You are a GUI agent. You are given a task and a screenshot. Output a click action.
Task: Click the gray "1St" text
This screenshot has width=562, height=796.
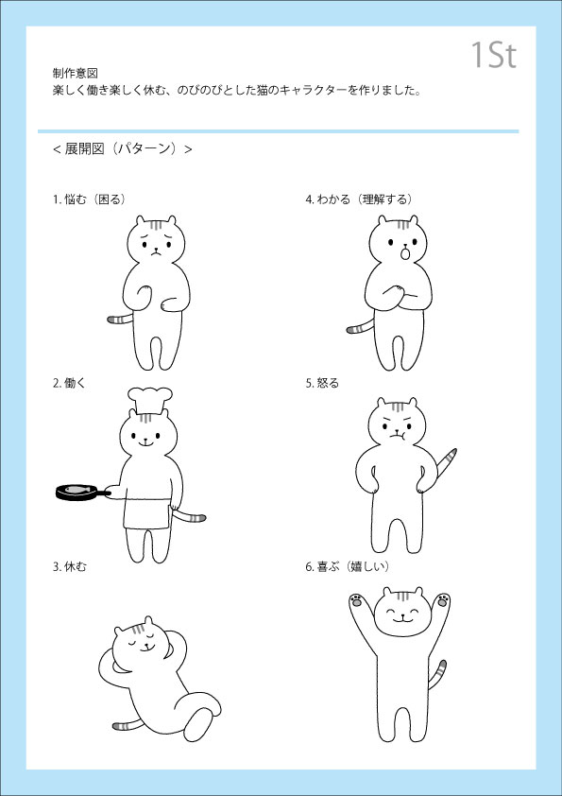pos(494,55)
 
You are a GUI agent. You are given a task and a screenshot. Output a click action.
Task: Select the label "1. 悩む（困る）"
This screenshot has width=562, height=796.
pos(90,199)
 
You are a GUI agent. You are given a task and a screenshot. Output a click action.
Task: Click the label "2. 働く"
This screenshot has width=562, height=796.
pos(70,383)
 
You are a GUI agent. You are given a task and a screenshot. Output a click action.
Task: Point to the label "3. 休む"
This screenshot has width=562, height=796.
pos(70,566)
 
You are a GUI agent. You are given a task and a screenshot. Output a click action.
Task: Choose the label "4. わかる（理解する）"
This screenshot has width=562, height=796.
pos(359,199)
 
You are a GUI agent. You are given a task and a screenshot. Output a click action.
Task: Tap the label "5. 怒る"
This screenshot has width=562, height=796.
pos(322,383)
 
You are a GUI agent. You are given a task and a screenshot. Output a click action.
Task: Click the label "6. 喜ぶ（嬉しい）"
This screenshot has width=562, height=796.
pos(348,566)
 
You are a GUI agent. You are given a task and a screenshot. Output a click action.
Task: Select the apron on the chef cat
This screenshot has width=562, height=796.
pos(147,512)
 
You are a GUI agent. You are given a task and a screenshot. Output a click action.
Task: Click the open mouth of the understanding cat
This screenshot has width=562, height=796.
pos(405,252)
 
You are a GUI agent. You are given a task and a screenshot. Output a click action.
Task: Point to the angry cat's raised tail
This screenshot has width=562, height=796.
pos(447,462)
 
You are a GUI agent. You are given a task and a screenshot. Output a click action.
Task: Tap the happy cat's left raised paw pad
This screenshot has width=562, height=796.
pos(356,601)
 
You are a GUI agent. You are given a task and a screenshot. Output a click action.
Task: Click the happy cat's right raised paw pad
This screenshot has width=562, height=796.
pos(443,600)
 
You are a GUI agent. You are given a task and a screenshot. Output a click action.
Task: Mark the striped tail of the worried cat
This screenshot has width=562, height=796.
pos(120,319)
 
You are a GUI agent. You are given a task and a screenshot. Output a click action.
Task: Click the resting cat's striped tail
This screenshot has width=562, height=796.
pos(126,725)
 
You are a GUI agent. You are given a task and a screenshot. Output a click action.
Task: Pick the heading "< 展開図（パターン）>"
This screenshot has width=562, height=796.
pos(122,148)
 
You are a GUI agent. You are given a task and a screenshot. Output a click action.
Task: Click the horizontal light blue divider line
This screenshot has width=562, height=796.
pos(278,131)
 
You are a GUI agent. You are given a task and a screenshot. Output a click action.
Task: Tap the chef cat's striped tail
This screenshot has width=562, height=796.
pos(190,515)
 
